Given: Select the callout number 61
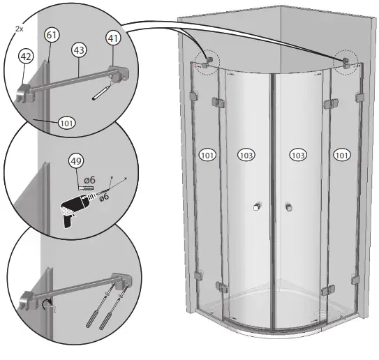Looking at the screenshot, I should (52, 34).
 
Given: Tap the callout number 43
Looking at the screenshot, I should (79, 50).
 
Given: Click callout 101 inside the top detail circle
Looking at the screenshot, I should (66, 123).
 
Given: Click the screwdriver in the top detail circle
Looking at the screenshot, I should (101, 91).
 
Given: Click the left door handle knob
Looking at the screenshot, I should (256, 207).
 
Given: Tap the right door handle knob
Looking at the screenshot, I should (288, 207).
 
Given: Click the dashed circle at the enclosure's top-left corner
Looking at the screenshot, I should (207, 61).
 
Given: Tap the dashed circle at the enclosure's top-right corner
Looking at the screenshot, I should (345, 61).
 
